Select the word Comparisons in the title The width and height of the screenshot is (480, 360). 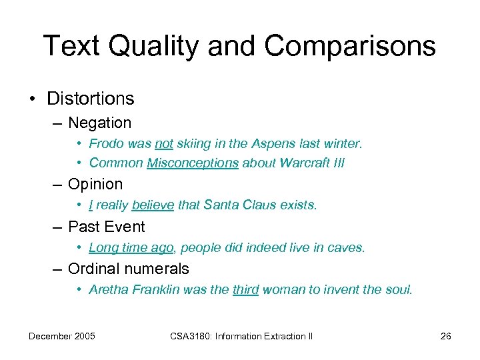350,47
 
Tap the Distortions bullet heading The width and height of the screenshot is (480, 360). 90,99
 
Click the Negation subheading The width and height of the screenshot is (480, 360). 100,123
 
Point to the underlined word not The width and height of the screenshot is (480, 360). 164,144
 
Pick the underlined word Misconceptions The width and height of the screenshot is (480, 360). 193,163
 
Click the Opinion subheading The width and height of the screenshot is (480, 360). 95,184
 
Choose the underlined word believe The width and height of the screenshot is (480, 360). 153,205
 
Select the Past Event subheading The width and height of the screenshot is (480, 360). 107,227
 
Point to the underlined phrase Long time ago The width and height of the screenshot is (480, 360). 131,248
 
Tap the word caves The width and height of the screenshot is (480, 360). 347,248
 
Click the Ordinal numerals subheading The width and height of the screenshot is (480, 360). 129,269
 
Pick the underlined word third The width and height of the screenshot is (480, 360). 245,291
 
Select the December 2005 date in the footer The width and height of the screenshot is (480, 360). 61,336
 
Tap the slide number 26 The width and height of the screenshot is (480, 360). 446,336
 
